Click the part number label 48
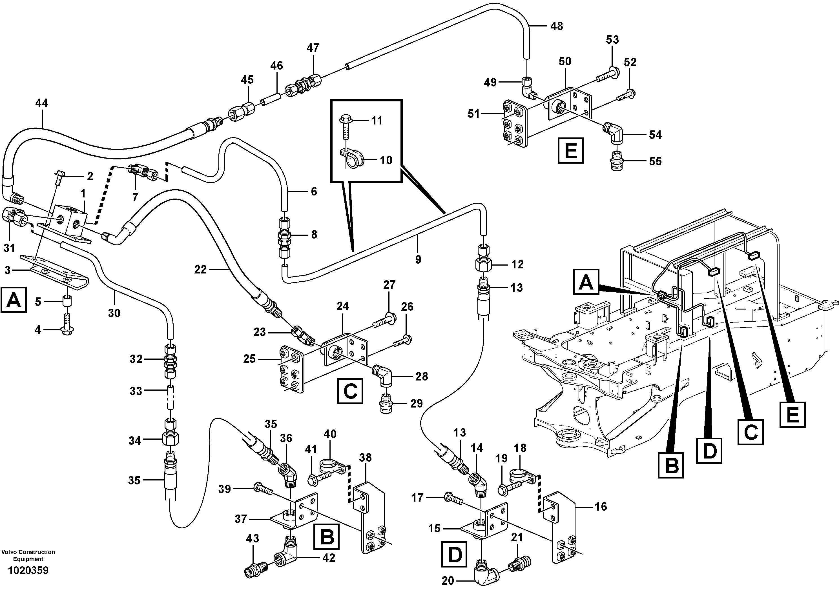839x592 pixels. [x=557, y=26]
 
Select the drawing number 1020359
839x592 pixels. [x=28, y=570]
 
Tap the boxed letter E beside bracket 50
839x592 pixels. [x=570, y=150]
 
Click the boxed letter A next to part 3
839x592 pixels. [x=14, y=300]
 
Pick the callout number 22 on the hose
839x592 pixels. [x=200, y=270]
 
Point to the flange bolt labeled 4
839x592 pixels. [x=66, y=329]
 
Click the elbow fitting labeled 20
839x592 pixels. [x=484, y=576]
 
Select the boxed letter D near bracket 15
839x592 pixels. [x=455, y=554]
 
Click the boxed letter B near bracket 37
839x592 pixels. [x=327, y=537]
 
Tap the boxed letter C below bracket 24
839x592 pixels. [x=350, y=391]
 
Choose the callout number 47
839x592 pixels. [x=313, y=48]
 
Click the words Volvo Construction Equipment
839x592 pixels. [x=28, y=555]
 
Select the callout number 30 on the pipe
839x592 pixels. [x=114, y=313]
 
